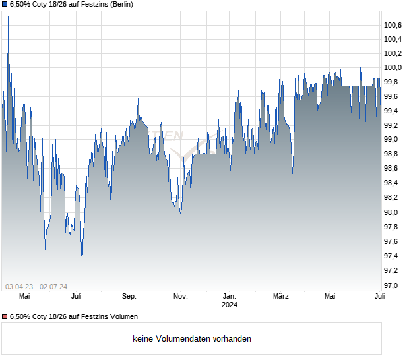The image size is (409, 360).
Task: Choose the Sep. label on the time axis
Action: (129, 296)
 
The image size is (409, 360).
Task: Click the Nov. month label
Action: (181, 296)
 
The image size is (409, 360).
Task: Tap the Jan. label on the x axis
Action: (230, 296)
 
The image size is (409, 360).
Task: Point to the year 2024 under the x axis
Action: (230, 305)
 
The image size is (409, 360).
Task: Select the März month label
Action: (281, 296)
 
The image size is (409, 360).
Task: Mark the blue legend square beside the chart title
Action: (5, 5)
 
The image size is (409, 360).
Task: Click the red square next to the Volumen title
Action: (5, 316)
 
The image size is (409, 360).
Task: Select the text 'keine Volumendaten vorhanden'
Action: (192, 339)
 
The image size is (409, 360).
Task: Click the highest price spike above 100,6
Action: (8, 16)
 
